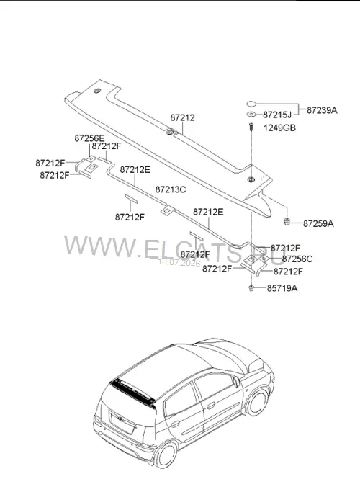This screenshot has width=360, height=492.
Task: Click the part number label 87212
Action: [x=182, y=117]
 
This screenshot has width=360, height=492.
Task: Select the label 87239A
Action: [x=322, y=110]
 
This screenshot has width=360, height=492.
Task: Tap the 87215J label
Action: [x=277, y=115]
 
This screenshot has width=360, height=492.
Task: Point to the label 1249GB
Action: [x=280, y=128]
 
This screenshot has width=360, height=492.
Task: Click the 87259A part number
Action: [x=318, y=224]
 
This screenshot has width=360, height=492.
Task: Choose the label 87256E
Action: [x=90, y=138]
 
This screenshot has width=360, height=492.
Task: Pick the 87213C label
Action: [x=171, y=189]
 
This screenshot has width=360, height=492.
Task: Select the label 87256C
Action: [x=297, y=259]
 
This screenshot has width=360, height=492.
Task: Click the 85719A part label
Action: [x=282, y=288]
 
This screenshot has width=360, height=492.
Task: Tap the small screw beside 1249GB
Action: [x=251, y=127]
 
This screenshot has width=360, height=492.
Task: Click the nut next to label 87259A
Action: [x=286, y=221]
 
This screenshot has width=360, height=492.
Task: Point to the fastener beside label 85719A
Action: [x=251, y=287]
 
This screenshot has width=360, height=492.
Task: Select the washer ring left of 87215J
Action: [x=251, y=114]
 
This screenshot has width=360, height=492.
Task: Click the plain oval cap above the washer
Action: [x=251, y=104]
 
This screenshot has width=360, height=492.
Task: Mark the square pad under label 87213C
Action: [x=168, y=210]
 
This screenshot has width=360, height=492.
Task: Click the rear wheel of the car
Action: [x=166, y=455]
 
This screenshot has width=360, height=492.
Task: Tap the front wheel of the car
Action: [x=257, y=402]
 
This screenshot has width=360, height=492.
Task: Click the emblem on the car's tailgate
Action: [x=120, y=419]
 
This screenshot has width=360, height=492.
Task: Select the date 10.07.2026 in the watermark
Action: [x=179, y=262]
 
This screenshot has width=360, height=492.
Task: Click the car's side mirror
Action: [x=236, y=381]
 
